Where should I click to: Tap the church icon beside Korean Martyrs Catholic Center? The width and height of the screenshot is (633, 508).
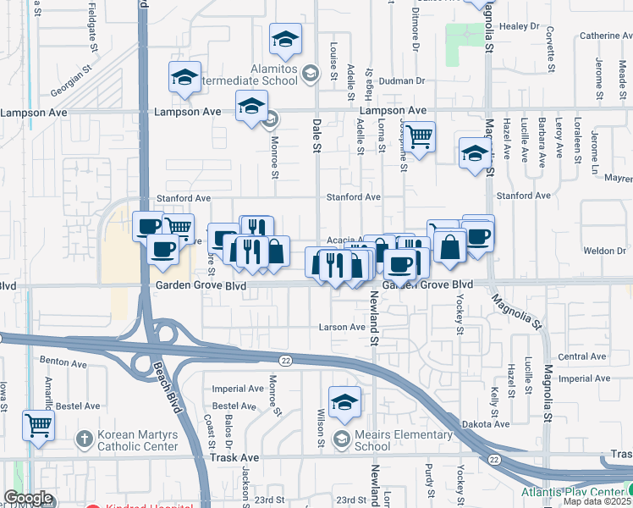pyautogui.click(x=83, y=439)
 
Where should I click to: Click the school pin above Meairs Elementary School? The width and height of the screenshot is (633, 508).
pyautogui.click(x=344, y=403)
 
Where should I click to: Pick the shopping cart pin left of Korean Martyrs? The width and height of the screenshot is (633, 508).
pyautogui.click(x=38, y=425)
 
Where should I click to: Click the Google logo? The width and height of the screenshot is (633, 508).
pyautogui.click(x=28, y=498)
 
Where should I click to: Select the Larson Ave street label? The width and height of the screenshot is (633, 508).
pyautogui.click(x=341, y=327)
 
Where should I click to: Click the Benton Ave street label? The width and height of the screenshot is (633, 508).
pyautogui.click(x=63, y=362)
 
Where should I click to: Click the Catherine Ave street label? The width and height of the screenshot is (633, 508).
pyautogui.click(x=606, y=36)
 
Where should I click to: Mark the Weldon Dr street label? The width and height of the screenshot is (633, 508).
pyautogui.click(x=603, y=251)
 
